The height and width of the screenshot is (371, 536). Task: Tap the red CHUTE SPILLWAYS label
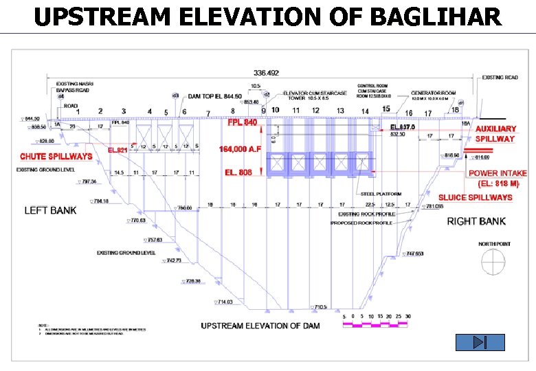pyautogui.click(x=56, y=157)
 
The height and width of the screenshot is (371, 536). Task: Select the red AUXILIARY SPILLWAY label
pyautogui.click(x=495, y=133)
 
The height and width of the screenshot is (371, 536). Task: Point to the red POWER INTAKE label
pyautogui.click(x=498, y=174)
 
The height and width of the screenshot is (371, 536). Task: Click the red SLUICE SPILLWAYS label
pyautogui.click(x=475, y=198)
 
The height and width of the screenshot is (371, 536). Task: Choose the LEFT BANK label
pyautogui.click(x=50, y=210)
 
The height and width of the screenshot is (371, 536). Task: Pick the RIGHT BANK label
pyautogui.click(x=476, y=221)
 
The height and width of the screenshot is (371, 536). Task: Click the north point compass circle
pyautogui.click(x=492, y=261)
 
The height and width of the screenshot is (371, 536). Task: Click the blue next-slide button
pyautogui.click(x=480, y=342)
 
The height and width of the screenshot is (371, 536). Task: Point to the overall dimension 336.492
pyautogui.click(x=267, y=73)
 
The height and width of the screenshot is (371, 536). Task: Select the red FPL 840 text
pyautogui.click(x=243, y=122)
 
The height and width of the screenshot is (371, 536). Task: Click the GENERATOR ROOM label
pyautogui.click(x=433, y=93)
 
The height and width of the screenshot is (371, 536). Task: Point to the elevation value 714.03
pyautogui.click(x=225, y=302)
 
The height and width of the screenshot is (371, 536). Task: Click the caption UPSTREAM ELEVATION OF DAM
pyautogui.click(x=260, y=326)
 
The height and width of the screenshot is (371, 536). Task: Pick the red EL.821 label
pyautogui.click(x=118, y=150)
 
